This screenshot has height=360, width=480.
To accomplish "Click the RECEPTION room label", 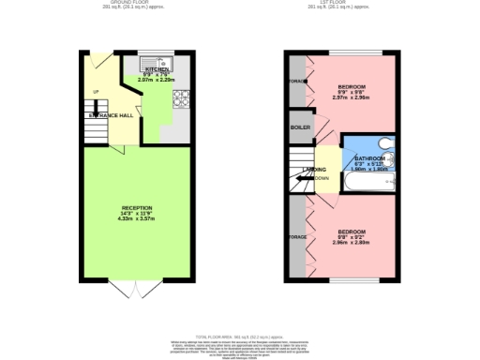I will [137, 207].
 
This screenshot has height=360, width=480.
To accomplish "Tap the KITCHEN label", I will [157, 69].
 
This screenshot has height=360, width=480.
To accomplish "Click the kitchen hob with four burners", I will [180, 96].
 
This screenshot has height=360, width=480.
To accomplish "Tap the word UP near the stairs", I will [95, 91].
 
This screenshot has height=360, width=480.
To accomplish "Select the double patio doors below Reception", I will [137, 288].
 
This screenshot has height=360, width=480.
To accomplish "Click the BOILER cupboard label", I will [301, 127].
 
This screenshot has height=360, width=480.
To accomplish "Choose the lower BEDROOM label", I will [352, 232].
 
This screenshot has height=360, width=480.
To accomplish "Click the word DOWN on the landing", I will [321, 177].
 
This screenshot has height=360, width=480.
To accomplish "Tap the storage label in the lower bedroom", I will [297, 237].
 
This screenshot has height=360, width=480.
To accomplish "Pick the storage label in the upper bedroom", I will [297, 82].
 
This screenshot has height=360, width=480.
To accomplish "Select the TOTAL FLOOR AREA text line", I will [240, 336].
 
